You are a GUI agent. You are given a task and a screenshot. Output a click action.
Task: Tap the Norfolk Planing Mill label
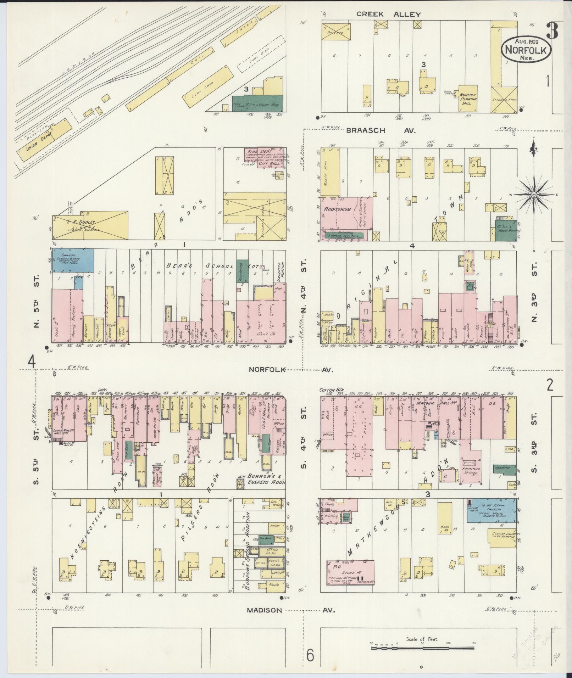coord(468,97)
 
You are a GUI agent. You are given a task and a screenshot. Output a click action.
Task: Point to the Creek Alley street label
coord(388,15)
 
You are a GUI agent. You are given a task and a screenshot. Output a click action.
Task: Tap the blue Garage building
coord(73,260)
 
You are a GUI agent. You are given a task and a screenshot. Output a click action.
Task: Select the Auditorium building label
coord(337,209)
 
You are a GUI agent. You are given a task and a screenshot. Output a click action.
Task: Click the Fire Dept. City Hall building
coord(265,158)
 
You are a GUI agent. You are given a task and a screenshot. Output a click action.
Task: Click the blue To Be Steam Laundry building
coord(492,510)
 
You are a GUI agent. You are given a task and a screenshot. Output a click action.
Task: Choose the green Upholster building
coord(504,469)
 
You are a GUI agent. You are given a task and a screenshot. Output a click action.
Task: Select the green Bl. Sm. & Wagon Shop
coord(258,103)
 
